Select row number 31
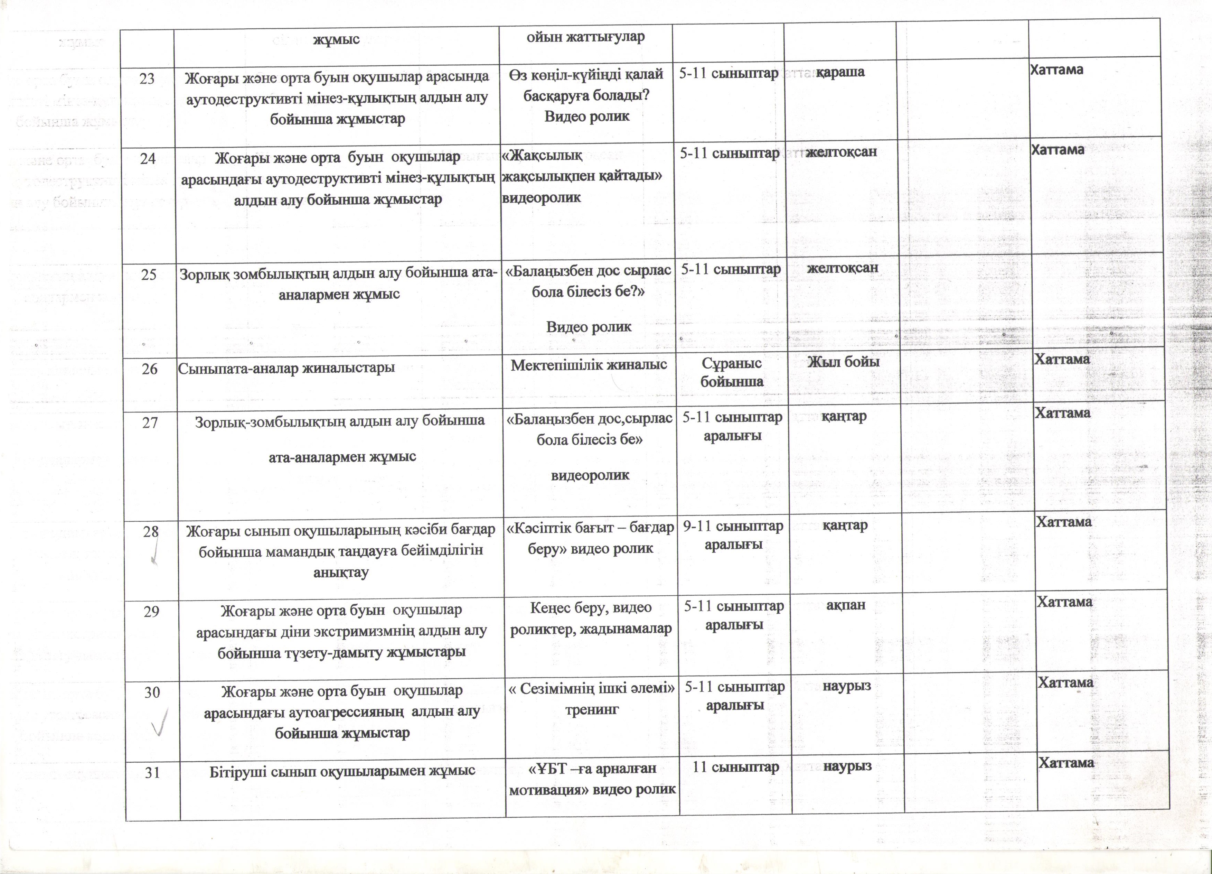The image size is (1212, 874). click(152, 772)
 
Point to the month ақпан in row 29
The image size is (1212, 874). click(846, 605)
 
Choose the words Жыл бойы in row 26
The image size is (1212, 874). click(844, 362)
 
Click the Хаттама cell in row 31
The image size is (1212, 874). click(1066, 763)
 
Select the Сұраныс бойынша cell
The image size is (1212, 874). click(732, 372)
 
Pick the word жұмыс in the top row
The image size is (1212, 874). click(336, 39)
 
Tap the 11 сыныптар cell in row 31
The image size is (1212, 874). click(736, 767)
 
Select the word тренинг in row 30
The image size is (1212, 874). click(592, 710)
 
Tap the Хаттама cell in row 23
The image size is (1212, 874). click(1056, 69)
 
